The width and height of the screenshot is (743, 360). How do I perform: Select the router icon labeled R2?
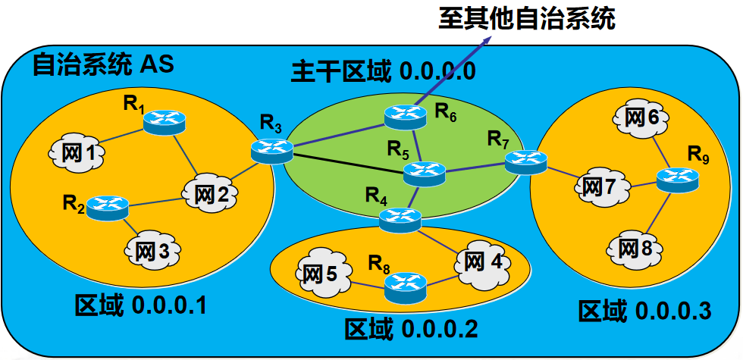[107, 207]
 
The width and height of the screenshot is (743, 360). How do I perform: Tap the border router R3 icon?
[271, 150]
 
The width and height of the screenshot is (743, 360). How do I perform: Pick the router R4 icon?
[399, 219]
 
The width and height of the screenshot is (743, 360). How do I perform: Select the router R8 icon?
[406, 286]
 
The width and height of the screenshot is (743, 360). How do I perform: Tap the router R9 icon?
[677, 179]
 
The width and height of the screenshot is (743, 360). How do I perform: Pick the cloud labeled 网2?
[210, 193]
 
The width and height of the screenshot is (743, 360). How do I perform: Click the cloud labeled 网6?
[642, 117]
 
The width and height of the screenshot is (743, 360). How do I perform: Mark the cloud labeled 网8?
[635, 247]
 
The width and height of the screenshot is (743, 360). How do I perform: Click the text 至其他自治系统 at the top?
[526, 18]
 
